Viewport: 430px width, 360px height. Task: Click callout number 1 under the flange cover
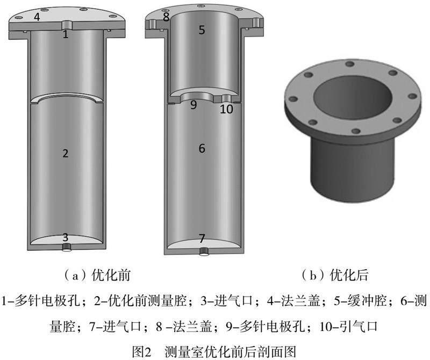[x=65, y=34]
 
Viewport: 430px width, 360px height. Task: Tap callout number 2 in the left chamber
[x=65, y=153]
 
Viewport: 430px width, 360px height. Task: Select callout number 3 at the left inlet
[x=65, y=237]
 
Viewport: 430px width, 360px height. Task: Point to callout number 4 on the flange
[x=37, y=17]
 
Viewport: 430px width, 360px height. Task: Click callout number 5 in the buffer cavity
[x=202, y=30]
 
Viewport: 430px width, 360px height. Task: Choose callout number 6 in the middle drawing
[x=202, y=148]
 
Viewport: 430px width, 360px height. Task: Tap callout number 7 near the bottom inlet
[x=202, y=238]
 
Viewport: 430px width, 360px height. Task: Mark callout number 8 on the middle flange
[x=166, y=17]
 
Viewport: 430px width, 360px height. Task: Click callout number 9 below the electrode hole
[x=193, y=105]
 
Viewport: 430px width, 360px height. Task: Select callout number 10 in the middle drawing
[x=226, y=109]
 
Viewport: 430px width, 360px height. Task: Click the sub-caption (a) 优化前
[x=97, y=275]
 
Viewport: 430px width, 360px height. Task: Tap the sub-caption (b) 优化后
[x=334, y=275]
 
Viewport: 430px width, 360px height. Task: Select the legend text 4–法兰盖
[x=293, y=301]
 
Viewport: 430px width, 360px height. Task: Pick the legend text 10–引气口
[x=348, y=326]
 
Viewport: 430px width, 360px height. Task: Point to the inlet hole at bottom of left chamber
[x=66, y=248]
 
